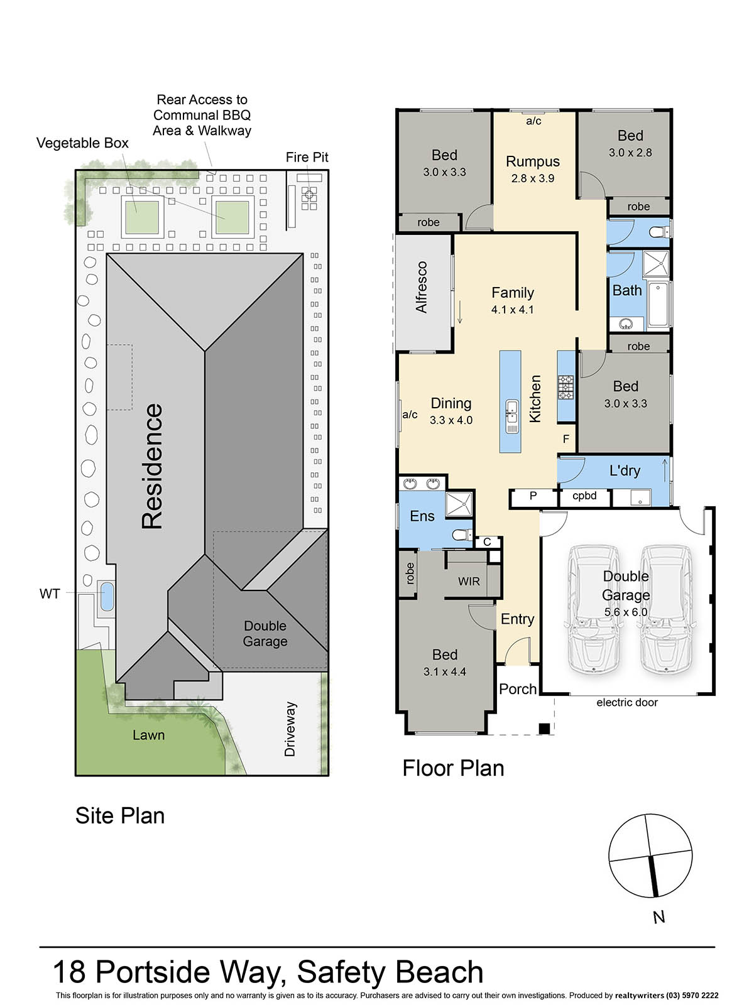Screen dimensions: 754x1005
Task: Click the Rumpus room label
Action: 532,161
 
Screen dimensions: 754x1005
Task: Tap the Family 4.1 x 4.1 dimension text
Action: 512,310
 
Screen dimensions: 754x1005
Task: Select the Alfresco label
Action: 421,287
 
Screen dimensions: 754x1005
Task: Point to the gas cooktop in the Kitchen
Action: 565,388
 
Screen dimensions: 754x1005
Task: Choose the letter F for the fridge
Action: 566,439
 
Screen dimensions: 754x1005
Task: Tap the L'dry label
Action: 625,470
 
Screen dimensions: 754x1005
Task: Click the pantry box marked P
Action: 533,497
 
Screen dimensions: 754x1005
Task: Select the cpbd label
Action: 584,496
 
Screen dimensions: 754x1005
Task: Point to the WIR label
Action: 469,582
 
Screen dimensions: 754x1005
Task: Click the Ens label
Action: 422,516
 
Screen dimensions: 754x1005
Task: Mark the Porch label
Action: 517,689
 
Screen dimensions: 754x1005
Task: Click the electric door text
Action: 626,702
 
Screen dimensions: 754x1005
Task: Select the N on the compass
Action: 658,917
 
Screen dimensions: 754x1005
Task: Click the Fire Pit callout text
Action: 307,157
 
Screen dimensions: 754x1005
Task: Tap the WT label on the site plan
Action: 50,594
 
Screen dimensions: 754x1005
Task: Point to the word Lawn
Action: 148,736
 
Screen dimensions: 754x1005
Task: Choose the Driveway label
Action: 290,729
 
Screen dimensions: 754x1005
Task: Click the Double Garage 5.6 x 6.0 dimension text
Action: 626,612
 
